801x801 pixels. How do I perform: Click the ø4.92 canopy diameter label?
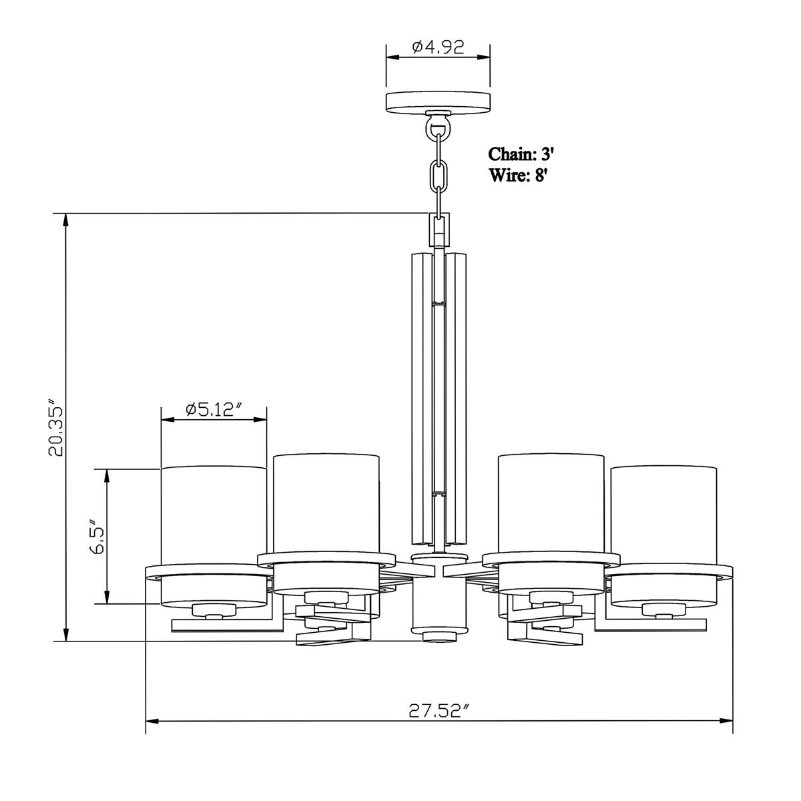[x=438, y=48]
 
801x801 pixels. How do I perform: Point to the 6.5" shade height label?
[x=96, y=536]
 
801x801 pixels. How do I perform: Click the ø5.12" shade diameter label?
[x=214, y=410]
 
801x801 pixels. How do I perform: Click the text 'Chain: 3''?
[x=521, y=154]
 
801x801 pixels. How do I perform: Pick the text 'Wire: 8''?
[x=517, y=175]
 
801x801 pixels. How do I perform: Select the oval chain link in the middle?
[x=438, y=176]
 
